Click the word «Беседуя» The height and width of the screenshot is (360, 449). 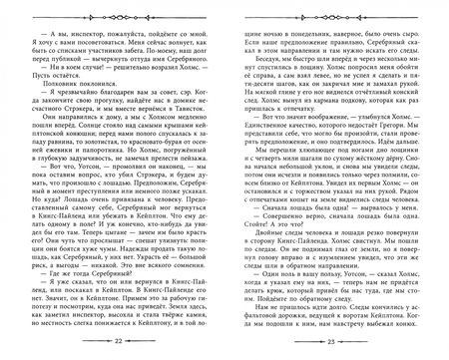click(255, 61)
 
